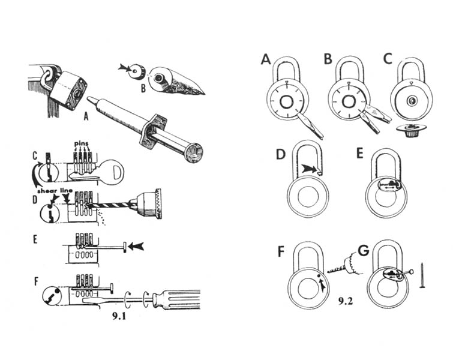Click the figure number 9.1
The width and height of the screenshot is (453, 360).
[119, 316]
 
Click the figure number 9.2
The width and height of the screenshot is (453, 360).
[346, 301]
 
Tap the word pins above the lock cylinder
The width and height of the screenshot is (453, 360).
[82, 143]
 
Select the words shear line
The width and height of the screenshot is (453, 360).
[55, 191]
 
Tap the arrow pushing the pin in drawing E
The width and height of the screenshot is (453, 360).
[136, 247]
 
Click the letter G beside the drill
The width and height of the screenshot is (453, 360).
[363, 250]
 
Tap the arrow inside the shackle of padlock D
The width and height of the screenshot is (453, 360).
[309, 169]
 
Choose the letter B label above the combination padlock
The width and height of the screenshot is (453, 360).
[328, 59]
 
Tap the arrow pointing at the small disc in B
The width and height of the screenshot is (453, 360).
[124, 68]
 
